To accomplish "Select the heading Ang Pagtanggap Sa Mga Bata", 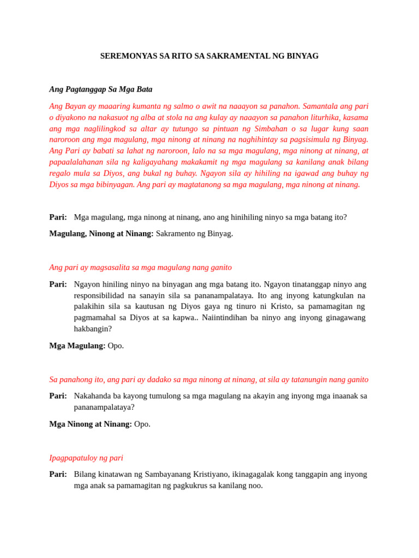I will tap(101, 89).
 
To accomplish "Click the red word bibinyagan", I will tap(108, 185).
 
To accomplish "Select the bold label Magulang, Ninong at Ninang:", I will tap(101, 234).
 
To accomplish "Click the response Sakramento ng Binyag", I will tap(194, 234).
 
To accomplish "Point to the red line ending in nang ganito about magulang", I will tap(140, 268).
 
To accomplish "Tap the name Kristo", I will tap(276, 307).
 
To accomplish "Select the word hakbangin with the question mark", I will tap(93, 329).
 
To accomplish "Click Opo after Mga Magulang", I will tap(116, 346).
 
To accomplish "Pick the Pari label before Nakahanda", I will tap(58, 396).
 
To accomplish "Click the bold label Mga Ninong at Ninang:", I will tap(91, 424).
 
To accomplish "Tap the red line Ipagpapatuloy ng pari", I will tap(86, 458).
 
